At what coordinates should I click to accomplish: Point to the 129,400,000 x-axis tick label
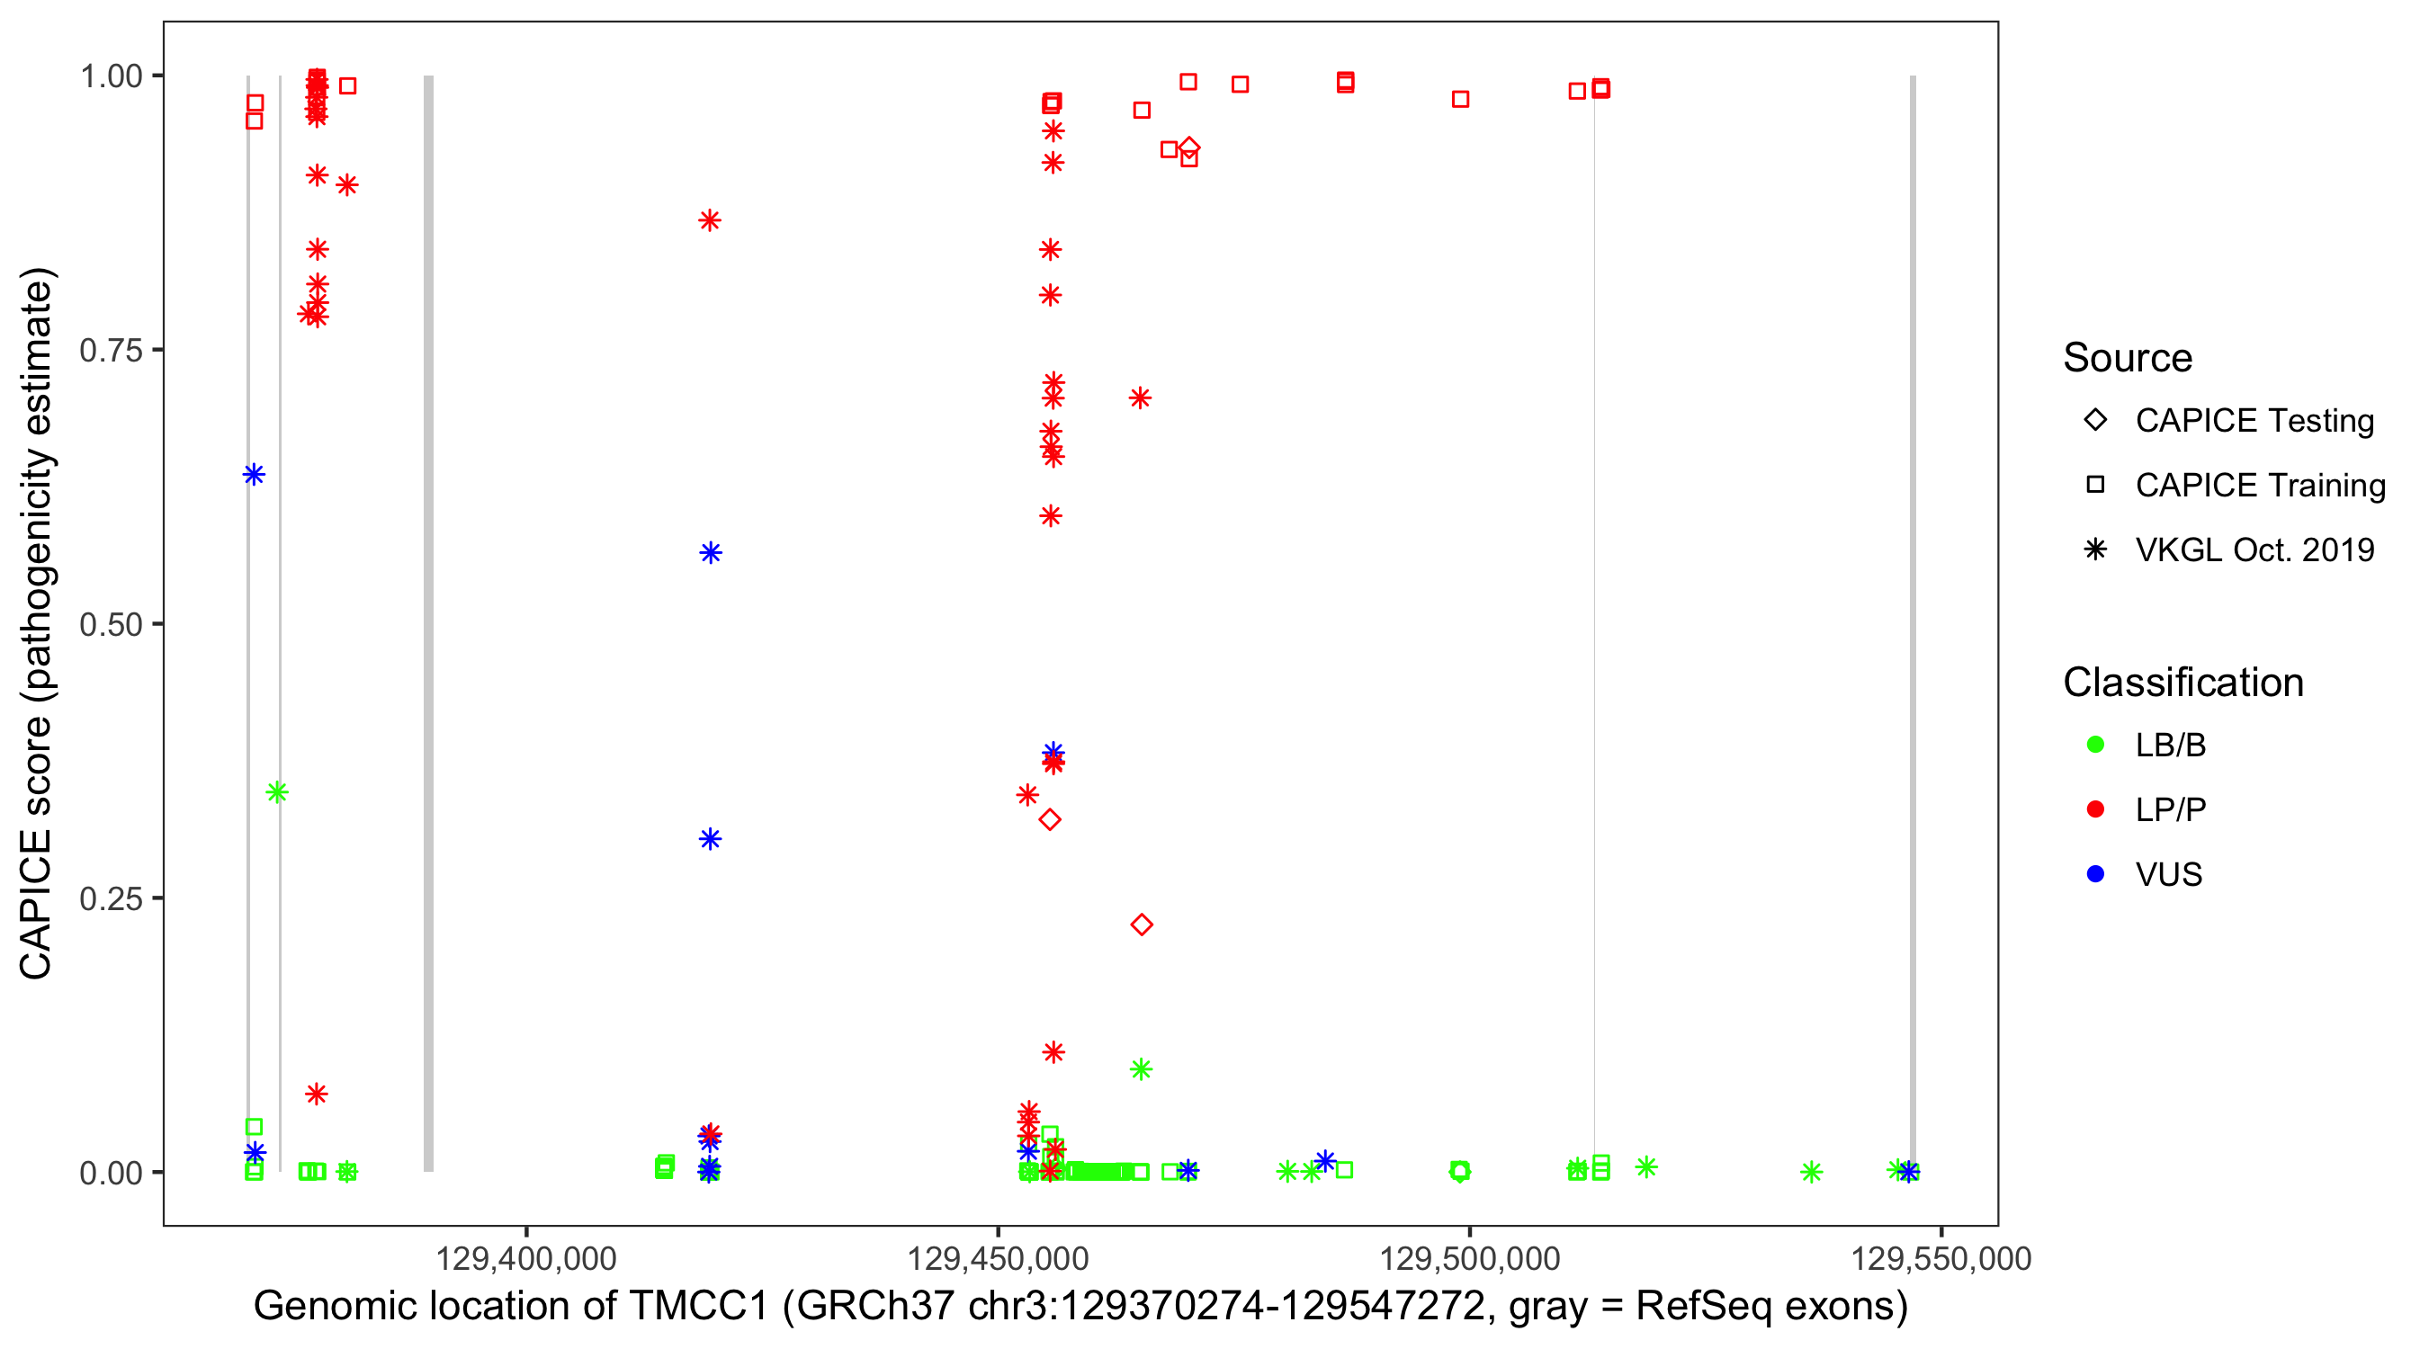(525, 1257)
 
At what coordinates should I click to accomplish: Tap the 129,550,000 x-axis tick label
(1941, 1257)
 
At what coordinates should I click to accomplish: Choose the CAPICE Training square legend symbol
(2095, 486)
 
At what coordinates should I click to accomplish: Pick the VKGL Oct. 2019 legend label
(2254, 549)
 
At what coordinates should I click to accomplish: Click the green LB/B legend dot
(2095, 745)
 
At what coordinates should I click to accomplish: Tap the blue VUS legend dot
(2095, 874)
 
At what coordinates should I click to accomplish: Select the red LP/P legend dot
(2095, 809)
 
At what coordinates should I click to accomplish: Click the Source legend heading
(2127, 358)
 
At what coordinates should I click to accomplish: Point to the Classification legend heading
(2182, 683)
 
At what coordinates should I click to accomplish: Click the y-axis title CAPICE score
(38, 623)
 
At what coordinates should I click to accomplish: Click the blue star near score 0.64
(254, 474)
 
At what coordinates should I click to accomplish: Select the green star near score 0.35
(276, 792)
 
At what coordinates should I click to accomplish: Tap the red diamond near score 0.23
(1141, 925)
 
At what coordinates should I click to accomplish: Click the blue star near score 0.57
(711, 552)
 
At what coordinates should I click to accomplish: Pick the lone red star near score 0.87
(710, 220)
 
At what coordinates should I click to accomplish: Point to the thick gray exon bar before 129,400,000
(428, 622)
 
